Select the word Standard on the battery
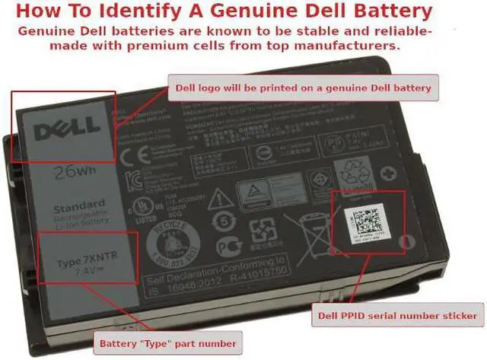pyautogui.click(x=78, y=205)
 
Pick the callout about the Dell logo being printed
pyautogui.click(x=302, y=88)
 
